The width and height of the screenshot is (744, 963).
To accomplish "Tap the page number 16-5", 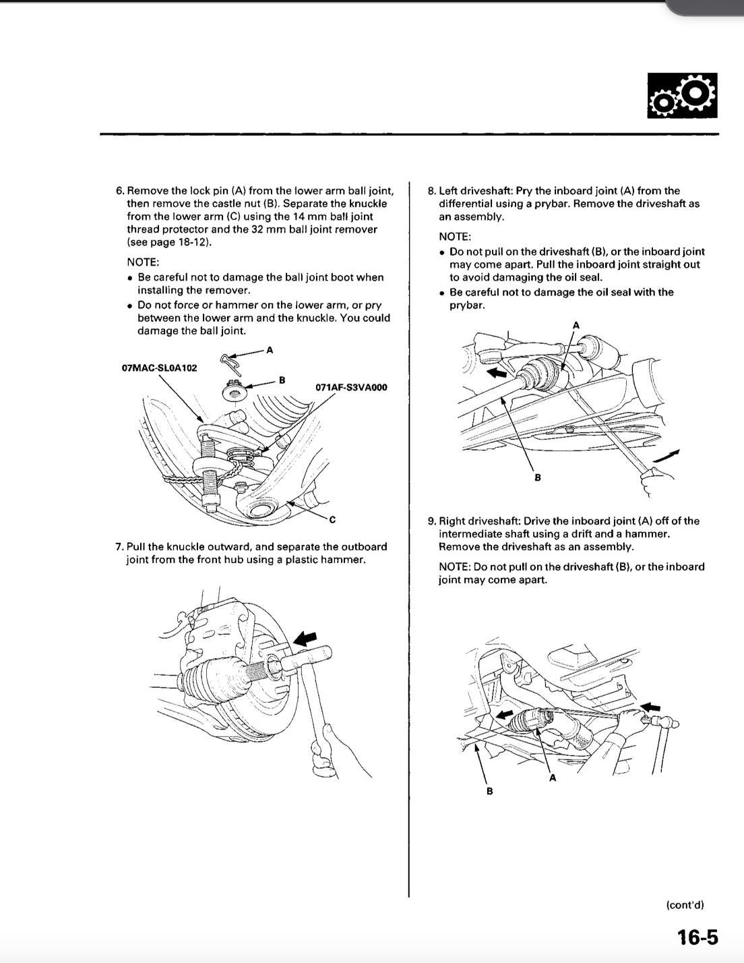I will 697,937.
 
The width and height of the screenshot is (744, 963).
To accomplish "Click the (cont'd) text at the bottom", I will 684,905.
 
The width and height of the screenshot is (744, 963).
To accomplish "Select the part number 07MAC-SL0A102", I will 159,368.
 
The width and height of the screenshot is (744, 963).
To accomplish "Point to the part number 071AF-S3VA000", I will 351,387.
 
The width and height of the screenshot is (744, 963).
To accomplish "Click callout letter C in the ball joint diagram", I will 332,519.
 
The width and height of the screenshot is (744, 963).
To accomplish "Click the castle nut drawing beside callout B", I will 234,389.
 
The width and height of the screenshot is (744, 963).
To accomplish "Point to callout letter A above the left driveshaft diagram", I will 576,325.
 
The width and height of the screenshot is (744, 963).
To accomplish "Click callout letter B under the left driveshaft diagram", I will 538,477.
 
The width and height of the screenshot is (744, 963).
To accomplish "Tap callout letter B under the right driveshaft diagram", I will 490,790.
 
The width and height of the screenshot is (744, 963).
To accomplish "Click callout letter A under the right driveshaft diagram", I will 553,778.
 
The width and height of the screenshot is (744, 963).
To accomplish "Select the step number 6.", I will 120,191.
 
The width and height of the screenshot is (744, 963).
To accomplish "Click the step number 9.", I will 431,521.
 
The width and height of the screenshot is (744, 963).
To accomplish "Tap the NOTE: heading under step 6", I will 143,262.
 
